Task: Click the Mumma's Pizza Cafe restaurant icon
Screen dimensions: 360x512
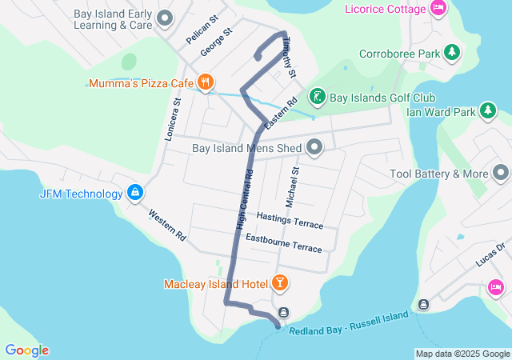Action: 206,82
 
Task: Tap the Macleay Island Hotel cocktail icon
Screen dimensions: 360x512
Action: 280,282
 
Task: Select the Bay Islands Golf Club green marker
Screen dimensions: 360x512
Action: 317,98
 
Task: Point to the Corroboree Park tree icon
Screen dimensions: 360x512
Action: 453,53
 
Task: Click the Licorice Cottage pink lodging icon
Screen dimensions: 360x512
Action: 438,8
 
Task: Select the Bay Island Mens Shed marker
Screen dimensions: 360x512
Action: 314,147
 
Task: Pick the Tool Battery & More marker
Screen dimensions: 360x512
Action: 501,173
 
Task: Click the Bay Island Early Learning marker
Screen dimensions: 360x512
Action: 166,17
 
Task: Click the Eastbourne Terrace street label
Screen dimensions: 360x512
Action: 283,243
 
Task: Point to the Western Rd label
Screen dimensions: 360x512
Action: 167,226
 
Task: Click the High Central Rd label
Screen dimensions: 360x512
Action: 245,200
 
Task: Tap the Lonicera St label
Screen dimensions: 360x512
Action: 173,120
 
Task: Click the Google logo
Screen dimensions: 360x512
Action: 26,350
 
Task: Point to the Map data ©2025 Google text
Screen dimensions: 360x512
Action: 462,354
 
